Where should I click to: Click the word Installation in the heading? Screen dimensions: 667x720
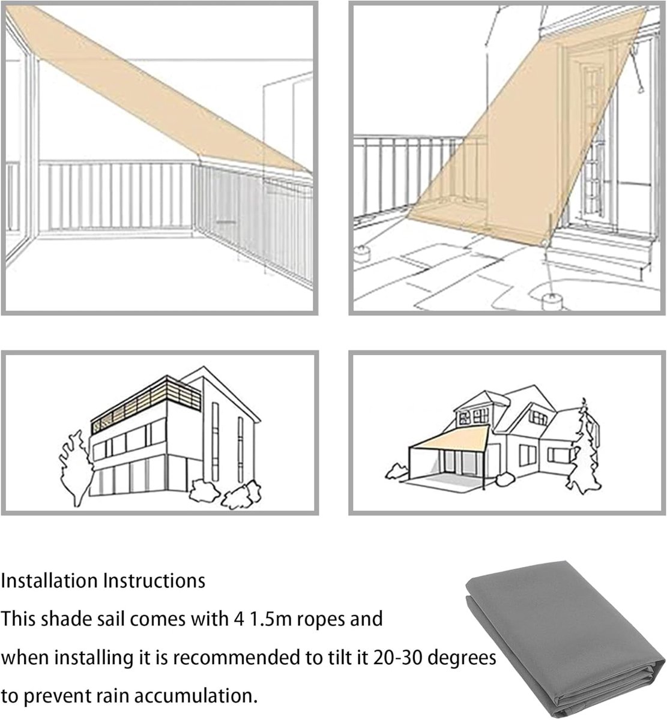pos(50,581)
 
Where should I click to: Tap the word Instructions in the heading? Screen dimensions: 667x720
pos(155,581)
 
